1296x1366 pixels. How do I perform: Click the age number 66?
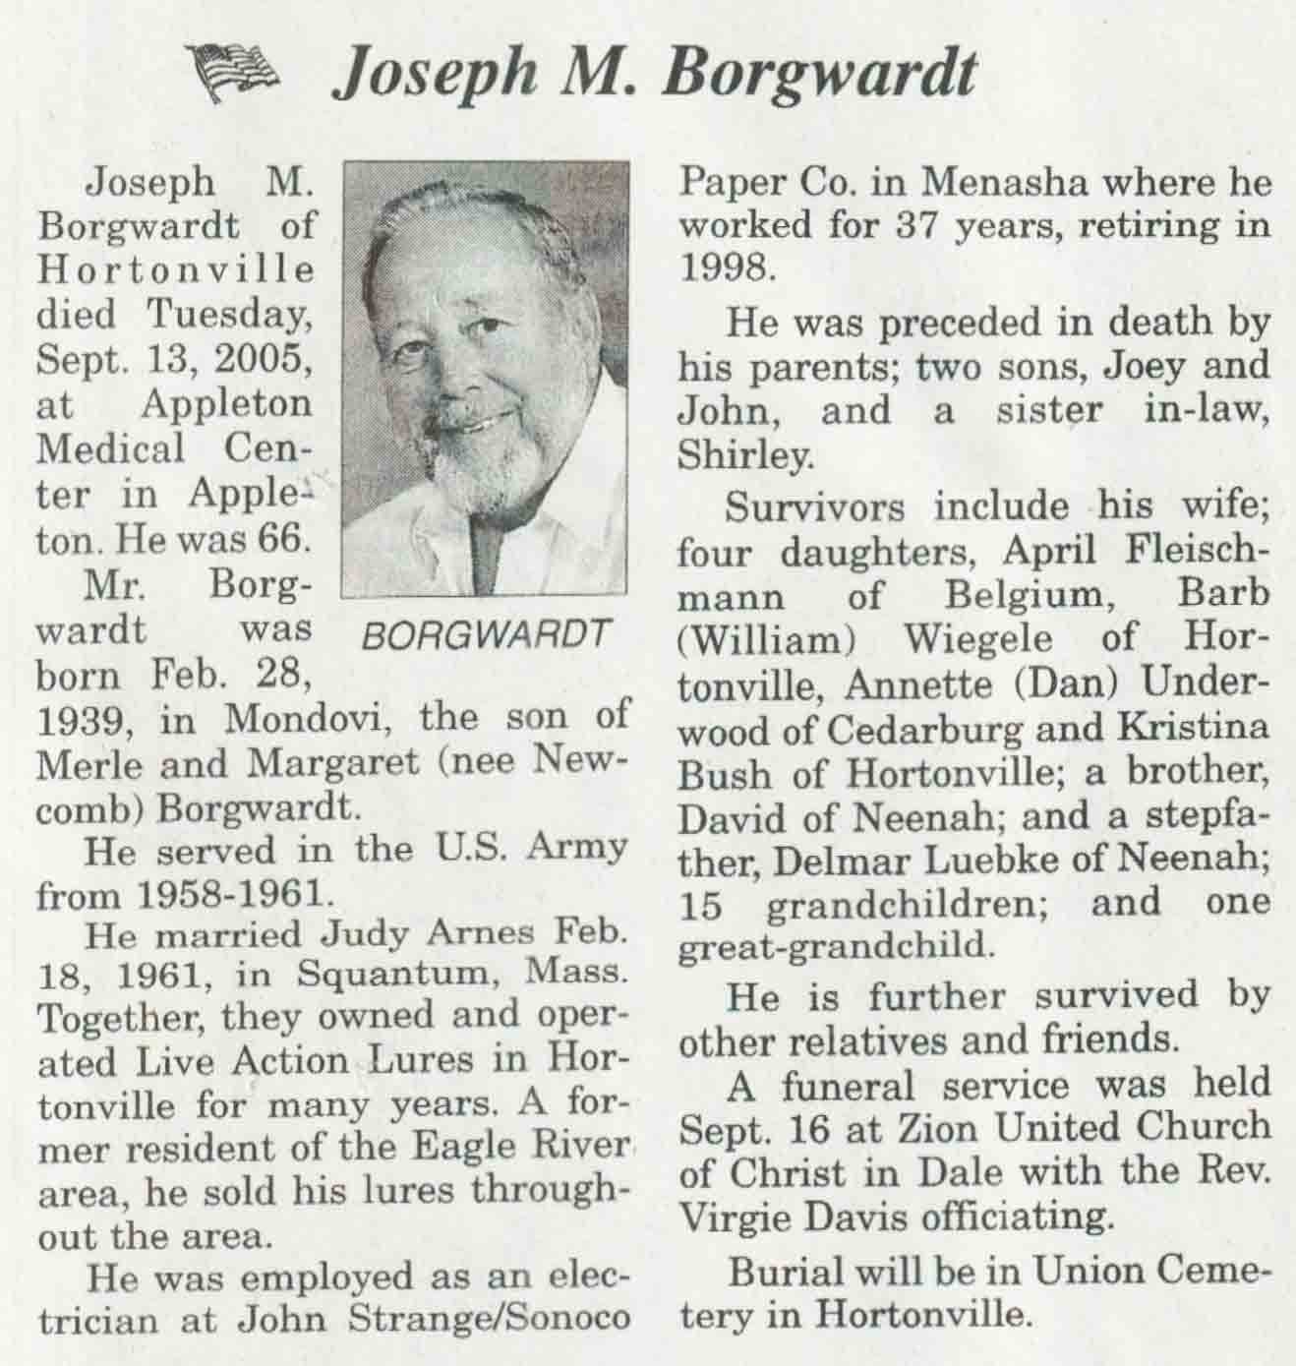pyautogui.click(x=285, y=539)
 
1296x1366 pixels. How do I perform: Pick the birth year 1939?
pyautogui.click(x=78, y=721)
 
